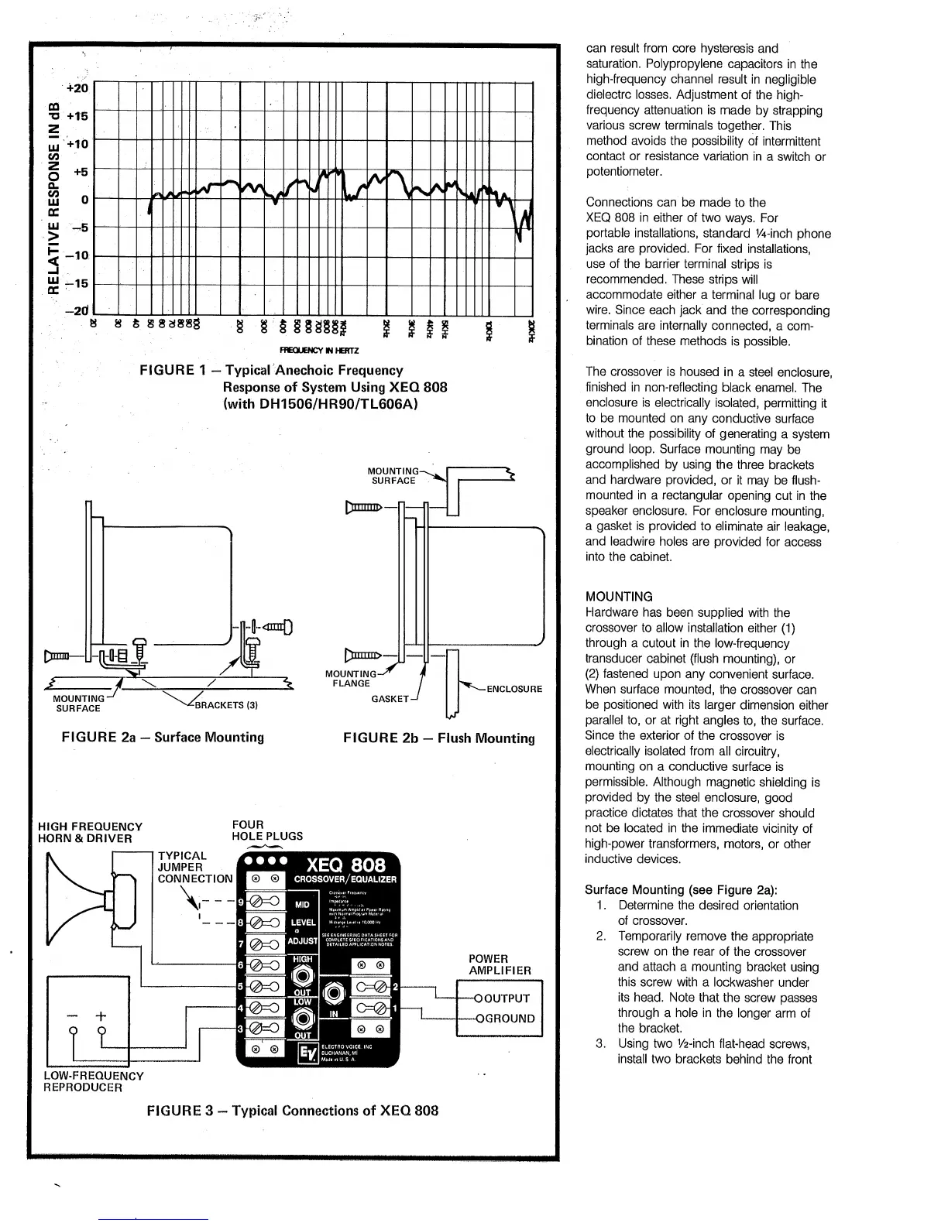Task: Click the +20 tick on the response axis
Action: (x=80, y=87)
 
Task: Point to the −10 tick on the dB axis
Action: (x=80, y=255)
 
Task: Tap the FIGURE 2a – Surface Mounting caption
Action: (x=163, y=737)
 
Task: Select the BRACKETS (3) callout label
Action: (x=226, y=705)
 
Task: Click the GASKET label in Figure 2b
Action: (x=390, y=699)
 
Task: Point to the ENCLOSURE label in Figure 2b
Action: (x=513, y=689)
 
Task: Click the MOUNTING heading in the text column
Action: (x=619, y=597)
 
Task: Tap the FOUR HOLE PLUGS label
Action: (x=267, y=830)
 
